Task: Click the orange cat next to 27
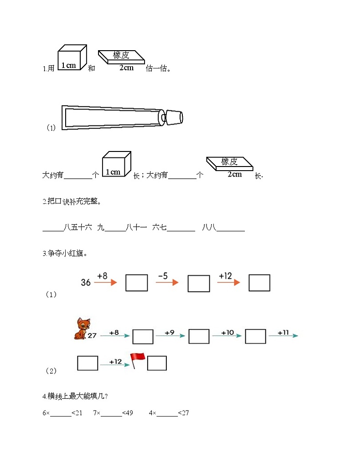[x=82, y=329]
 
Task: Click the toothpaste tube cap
[x=173, y=117]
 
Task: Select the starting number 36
[x=86, y=282]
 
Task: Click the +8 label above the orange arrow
[x=103, y=276]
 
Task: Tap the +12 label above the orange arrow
[x=225, y=276]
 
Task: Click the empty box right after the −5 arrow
[x=198, y=283]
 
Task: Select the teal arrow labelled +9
[x=170, y=336]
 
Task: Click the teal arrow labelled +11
[x=283, y=336]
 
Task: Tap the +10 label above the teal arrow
[x=228, y=332]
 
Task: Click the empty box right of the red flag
[x=157, y=363]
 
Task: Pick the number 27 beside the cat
[x=93, y=336]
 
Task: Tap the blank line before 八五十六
[x=53, y=229]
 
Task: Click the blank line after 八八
[x=231, y=229]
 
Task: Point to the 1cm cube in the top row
[x=72, y=57]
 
